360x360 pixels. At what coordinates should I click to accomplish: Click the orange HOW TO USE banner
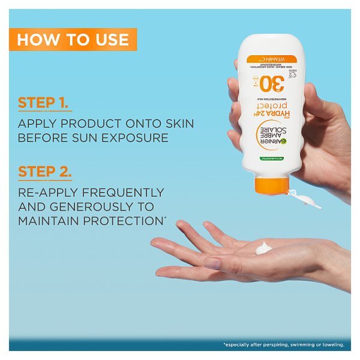(x=73, y=40)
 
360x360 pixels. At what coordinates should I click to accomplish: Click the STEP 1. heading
(x=45, y=102)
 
